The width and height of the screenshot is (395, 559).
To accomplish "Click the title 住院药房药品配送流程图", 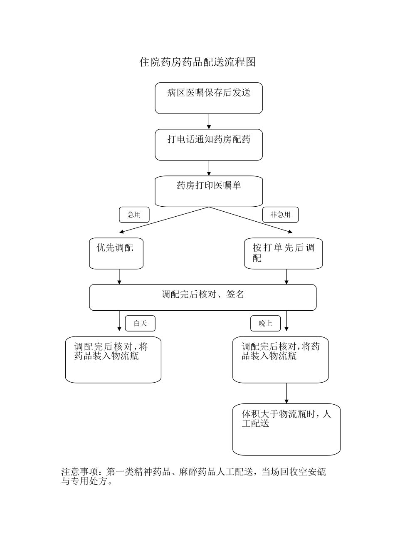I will [x=197, y=62].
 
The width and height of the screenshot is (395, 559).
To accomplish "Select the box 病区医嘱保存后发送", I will [x=209, y=98].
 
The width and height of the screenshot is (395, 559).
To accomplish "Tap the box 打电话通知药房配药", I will [x=209, y=145].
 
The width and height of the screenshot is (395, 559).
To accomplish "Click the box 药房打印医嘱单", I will [x=209, y=191].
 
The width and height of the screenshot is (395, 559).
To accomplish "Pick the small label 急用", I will [x=134, y=215].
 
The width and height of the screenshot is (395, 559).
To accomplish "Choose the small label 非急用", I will [x=280, y=215].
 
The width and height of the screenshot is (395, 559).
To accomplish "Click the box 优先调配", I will [x=116, y=253].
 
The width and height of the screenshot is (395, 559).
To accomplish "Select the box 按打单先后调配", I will [x=283, y=253].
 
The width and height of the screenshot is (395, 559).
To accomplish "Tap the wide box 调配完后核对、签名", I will [x=202, y=297].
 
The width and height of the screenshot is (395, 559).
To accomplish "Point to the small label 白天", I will [x=140, y=324].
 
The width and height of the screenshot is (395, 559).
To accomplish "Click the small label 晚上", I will [x=265, y=324].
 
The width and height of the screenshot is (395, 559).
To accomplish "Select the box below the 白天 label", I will [x=113, y=359].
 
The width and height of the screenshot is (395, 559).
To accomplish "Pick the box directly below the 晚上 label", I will [x=280, y=359].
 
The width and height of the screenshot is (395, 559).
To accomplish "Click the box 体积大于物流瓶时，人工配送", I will [x=286, y=429].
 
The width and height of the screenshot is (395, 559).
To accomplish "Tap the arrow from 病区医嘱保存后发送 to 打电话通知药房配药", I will [x=209, y=121].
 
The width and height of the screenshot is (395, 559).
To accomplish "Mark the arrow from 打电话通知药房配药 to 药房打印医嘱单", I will [x=209, y=168].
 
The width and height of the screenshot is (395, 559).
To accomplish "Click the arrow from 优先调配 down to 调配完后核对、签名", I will [x=119, y=277].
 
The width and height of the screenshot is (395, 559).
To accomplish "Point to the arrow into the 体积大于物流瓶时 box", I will [x=286, y=393].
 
